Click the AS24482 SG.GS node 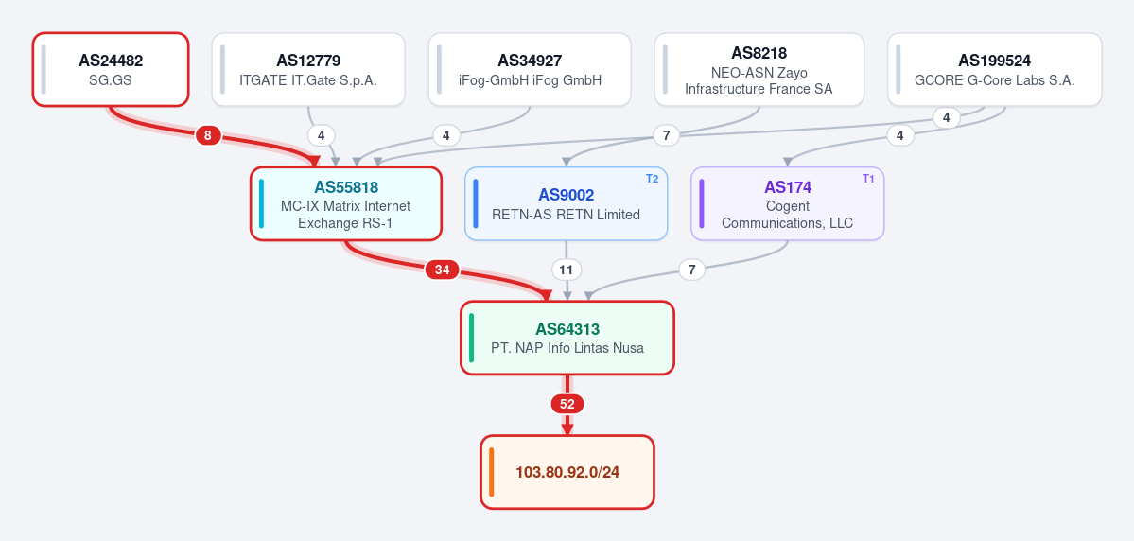point(111,69)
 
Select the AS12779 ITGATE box point(308,69)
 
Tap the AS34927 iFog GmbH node point(530,69)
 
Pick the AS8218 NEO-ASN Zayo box point(759,69)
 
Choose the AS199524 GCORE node point(994,69)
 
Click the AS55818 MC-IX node point(346,203)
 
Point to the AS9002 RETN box point(566,203)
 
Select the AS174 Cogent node point(788,203)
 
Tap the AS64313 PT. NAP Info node point(567,338)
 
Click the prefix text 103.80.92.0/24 point(567,472)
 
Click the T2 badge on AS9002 point(652,179)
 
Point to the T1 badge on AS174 point(868,179)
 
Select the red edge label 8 point(207,134)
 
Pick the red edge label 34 point(442,270)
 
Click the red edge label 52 point(567,404)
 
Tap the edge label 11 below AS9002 point(567,270)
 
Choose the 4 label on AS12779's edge point(322,134)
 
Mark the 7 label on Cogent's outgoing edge point(692,270)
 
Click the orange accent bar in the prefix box point(491,472)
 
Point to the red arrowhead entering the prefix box point(567,428)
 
